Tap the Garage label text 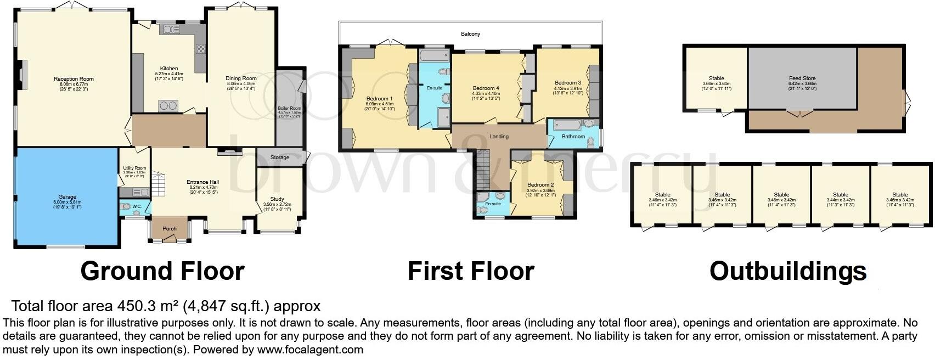click(67, 197)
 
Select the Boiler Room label click(289, 109)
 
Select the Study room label click(277, 199)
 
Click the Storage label click(280, 157)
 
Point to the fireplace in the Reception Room click(22, 74)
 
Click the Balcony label click(470, 34)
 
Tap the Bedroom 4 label click(486, 88)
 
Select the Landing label click(499, 137)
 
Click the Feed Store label click(802, 78)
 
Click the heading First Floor click(470, 271)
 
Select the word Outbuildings click(787, 271)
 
